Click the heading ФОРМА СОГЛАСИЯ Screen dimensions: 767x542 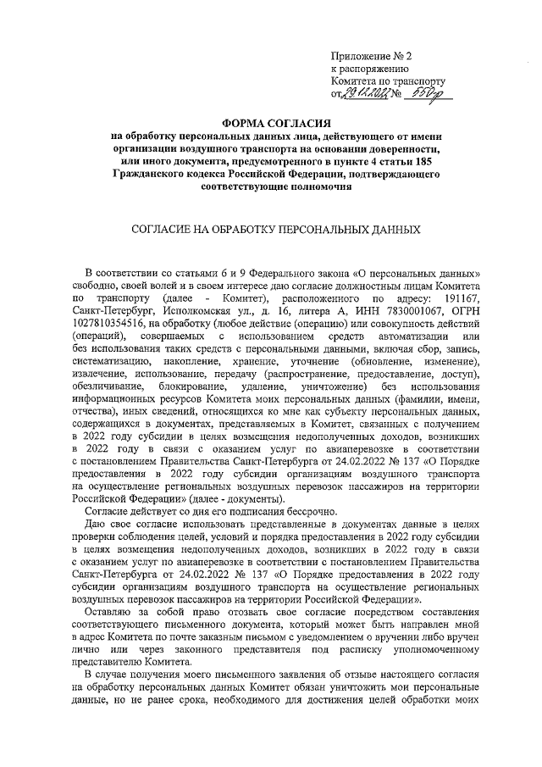(272, 124)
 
